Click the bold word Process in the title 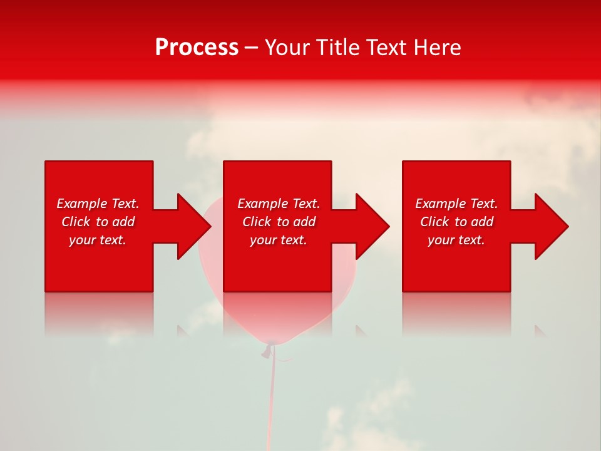pyautogui.click(x=197, y=48)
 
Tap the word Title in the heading pyautogui.click(x=339, y=48)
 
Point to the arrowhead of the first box pyautogui.click(x=193, y=226)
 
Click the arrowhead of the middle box pyautogui.click(x=372, y=226)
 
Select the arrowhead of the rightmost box pyautogui.click(x=551, y=226)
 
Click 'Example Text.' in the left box pyautogui.click(x=98, y=204)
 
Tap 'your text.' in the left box pyautogui.click(x=98, y=240)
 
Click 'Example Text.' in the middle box pyautogui.click(x=279, y=204)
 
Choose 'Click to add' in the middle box pyautogui.click(x=279, y=222)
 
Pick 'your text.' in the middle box pyautogui.click(x=279, y=240)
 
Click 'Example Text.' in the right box pyautogui.click(x=456, y=204)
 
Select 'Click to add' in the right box pyautogui.click(x=456, y=222)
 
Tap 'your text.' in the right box pyautogui.click(x=456, y=240)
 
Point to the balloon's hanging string pyautogui.click(x=272, y=401)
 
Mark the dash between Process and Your pyautogui.click(x=251, y=48)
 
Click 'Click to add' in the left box pyautogui.click(x=98, y=222)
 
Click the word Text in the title pyautogui.click(x=386, y=48)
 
